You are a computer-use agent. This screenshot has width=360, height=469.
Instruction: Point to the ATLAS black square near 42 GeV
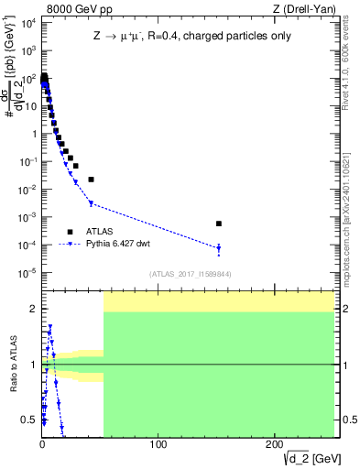pyautogui.click(x=91, y=180)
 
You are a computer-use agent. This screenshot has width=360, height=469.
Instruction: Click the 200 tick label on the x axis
pyautogui.click(x=274, y=444)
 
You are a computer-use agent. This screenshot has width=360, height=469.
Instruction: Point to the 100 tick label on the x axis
pyautogui.click(x=158, y=444)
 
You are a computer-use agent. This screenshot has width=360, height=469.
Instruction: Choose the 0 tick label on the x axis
pyautogui.click(x=42, y=444)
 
